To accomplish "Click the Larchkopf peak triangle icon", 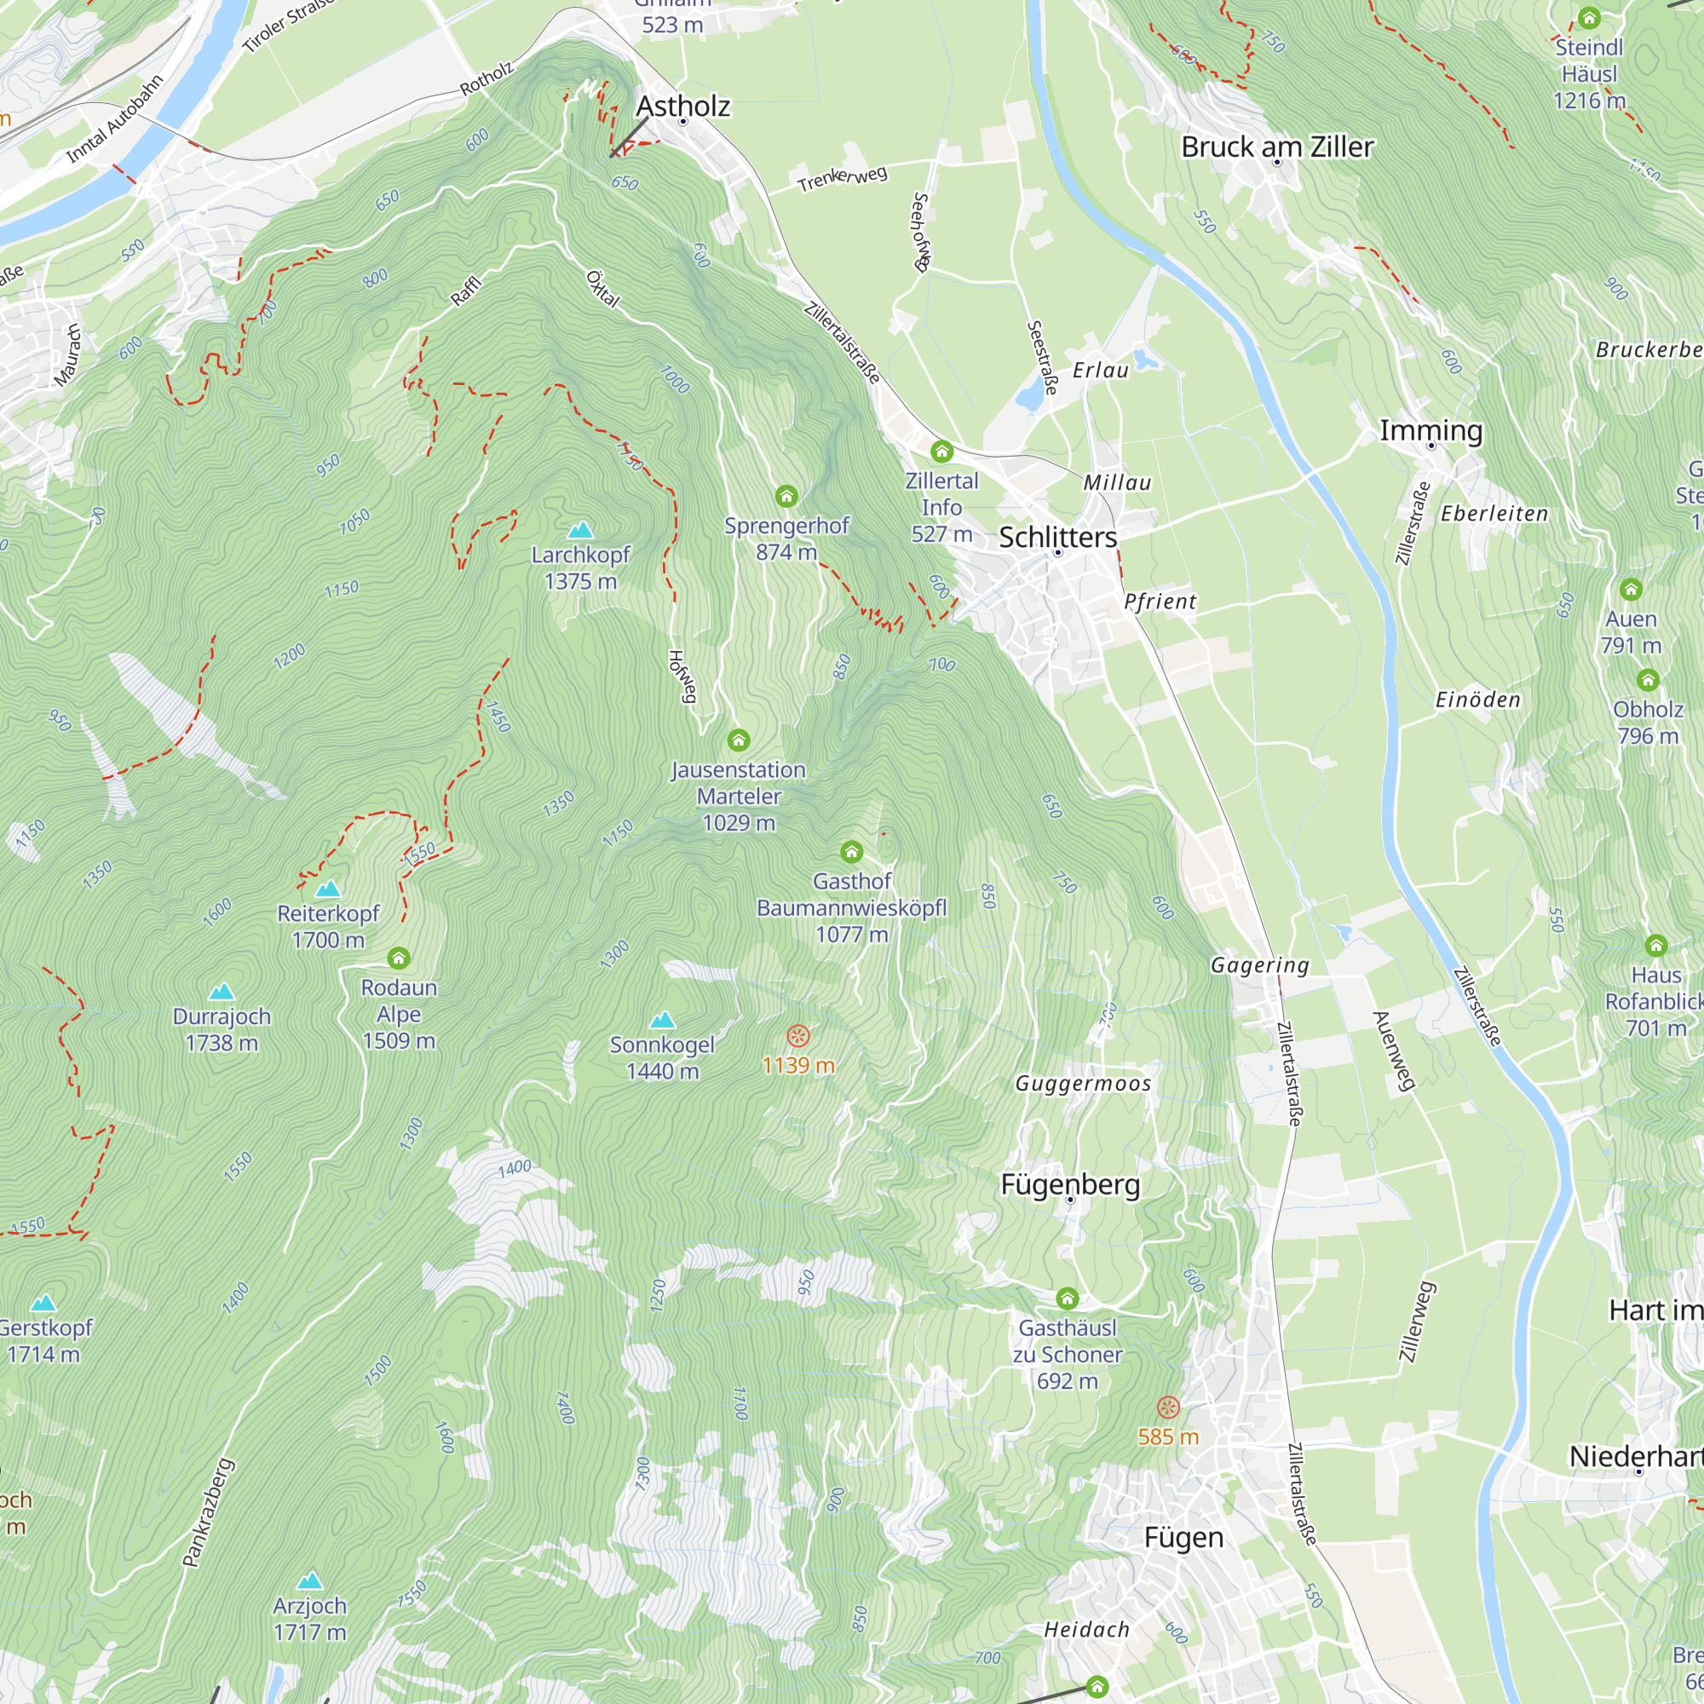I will pos(579,530).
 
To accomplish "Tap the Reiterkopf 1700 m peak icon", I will pos(328,888).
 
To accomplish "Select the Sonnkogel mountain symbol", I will pos(662,1021).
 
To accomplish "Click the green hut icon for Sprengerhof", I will pos(786,497).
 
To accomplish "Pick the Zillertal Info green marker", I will pos(942,452).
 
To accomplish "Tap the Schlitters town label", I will pos(1057,537).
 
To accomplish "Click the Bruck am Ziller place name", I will pos(1276,147).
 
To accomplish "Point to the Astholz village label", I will pos(682,106).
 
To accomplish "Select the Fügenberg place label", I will pos(1070,1184).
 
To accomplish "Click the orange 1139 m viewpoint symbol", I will pos(798,1035).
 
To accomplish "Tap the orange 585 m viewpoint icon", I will pos(1168,1407).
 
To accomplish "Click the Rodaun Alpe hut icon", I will pos(399,958).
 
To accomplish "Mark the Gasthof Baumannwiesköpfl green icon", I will pos(851,852).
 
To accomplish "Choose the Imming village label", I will pos(1431,430).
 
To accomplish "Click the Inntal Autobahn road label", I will pos(116,119).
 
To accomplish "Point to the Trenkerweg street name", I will pos(843,177).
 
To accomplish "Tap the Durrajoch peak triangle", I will pos(222,993).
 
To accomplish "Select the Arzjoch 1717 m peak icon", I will pos(309,1580).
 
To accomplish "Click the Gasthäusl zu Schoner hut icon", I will pos(1068,1298).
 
